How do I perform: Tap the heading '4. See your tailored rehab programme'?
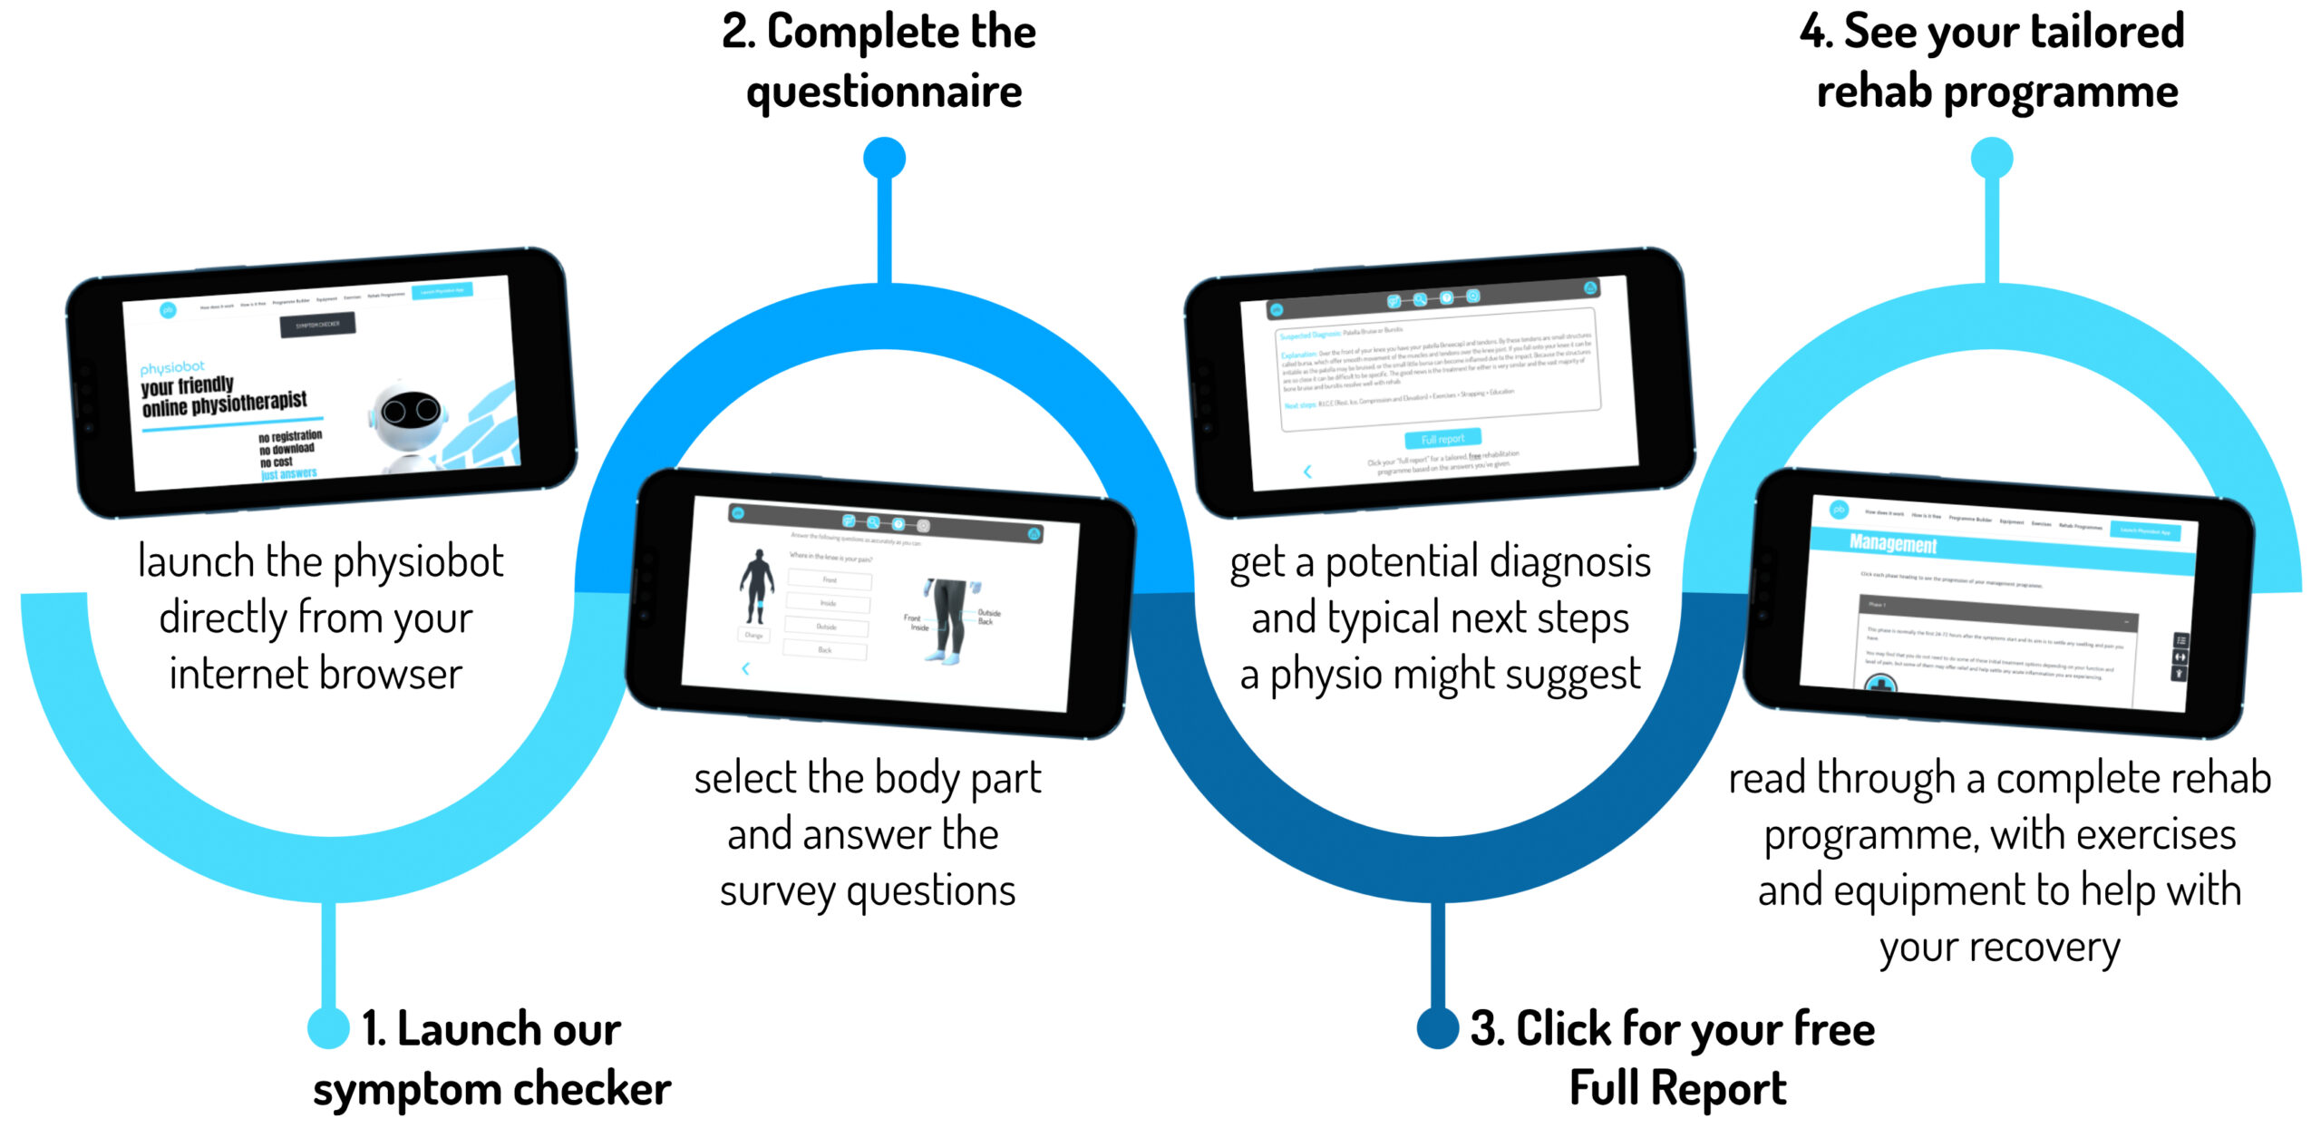tap(1993, 62)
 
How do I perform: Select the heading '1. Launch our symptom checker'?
tap(491, 1058)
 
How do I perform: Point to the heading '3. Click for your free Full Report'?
tap(1674, 1058)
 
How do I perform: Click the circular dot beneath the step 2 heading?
tap(884, 158)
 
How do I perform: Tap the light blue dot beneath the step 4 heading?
tap(1992, 158)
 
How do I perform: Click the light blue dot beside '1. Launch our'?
tap(328, 1027)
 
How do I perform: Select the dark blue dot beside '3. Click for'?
tap(1438, 1027)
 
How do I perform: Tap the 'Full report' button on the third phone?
tap(1442, 439)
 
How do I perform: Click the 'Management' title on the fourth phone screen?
tap(1893, 544)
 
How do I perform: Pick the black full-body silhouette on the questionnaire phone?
tap(756, 586)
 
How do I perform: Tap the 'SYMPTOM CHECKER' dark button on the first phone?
tap(317, 325)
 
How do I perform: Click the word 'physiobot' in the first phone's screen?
tap(172, 367)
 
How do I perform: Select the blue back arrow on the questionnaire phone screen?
tap(745, 668)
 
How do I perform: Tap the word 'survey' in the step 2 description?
tap(776, 891)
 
